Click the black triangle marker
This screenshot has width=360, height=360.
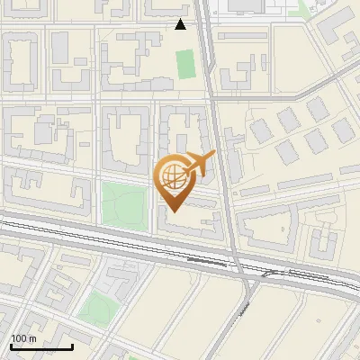181,24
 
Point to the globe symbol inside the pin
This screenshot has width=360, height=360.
175,177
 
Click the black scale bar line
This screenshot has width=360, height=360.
41,346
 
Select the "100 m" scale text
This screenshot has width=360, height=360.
24,338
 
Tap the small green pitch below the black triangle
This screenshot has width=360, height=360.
185,63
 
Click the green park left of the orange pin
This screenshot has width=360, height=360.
121,205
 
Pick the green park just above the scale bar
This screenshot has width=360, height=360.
97,309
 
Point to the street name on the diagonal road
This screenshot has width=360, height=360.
245,311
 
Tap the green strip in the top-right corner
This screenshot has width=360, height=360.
306,9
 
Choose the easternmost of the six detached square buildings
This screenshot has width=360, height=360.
341,131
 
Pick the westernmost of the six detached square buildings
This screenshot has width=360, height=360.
260,130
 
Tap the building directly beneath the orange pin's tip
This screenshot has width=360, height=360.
189,221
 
